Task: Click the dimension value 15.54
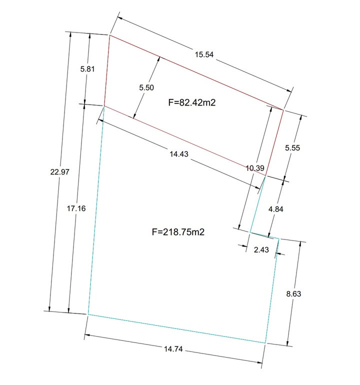pyautogui.click(x=204, y=54)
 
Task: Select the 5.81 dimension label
pyautogui.click(x=87, y=69)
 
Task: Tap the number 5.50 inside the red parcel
pyautogui.click(x=146, y=87)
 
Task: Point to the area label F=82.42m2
pyautogui.click(x=192, y=102)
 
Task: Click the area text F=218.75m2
pyautogui.click(x=178, y=232)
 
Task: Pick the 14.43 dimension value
pyautogui.click(x=179, y=154)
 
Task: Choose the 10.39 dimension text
pyautogui.click(x=255, y=168)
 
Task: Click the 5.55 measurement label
pyautogui.click(x=292, y=148)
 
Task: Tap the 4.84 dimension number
pyautogui.click(x=276, y=209)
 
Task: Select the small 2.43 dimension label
pyautogui.click(x=261, y=250)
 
